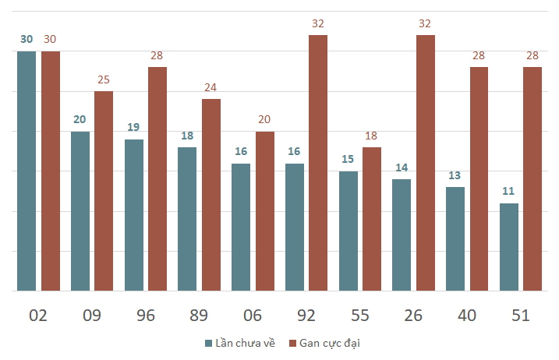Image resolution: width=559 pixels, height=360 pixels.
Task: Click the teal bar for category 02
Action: (x=27, y=171)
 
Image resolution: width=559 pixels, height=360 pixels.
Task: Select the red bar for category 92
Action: (x=318, y=163)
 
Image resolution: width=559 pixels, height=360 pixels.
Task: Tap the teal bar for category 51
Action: (x=509, y=247)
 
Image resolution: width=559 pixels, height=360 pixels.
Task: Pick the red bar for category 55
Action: (x=372, y=219)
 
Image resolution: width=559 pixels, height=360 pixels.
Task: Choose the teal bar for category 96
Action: (x=134, y=215)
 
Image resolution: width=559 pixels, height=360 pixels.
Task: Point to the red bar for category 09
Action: (x=104, y=191)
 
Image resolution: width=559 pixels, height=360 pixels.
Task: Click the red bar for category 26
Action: (x=426, y=163)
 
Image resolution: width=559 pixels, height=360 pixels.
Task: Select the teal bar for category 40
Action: (x=455, y=238)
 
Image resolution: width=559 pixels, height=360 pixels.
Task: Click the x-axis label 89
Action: (x=199, y=316)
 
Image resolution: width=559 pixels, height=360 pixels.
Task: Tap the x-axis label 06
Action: (x=253, y=316)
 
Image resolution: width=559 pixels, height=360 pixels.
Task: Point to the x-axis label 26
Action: (x=413, y=316)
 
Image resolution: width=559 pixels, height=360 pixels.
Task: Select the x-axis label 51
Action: (x=521, y=316)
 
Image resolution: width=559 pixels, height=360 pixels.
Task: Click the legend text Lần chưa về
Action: (x=246, y=343)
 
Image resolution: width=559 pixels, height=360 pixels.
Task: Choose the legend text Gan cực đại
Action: (x=330, y=344)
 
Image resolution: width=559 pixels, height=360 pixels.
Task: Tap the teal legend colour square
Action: (x=209, y=344)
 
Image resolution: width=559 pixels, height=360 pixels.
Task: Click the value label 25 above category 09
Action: (x=104, y=79)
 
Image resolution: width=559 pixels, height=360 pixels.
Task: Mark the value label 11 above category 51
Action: (x=508, y=191)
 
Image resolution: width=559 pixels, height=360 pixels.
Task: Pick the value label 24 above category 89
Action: (x=211, y=87)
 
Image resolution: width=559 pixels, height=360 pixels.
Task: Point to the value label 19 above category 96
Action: (x=133, y=127)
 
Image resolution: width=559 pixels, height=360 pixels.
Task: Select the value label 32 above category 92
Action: (x=318, y=23)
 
